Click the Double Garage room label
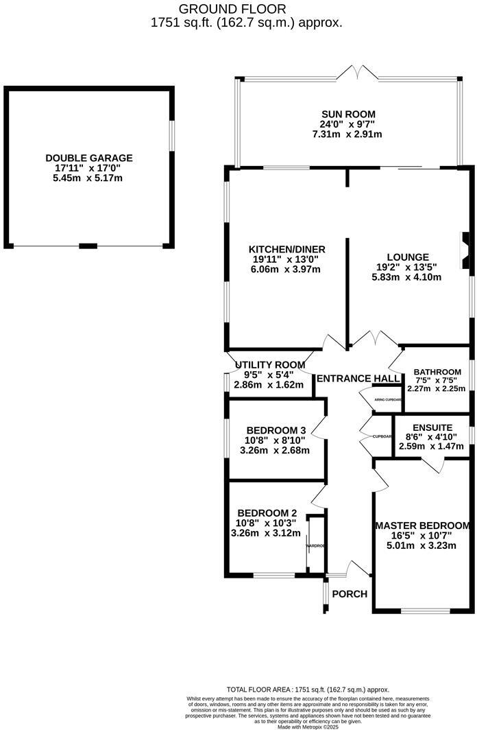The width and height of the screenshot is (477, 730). click(x=89, y=158)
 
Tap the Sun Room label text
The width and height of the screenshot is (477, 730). click(x=349, y=114)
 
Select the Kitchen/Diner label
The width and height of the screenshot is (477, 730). click(x=277, y=248)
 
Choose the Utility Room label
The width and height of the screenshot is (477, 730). click(x=269, y=364)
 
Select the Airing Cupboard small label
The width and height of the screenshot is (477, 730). click(x=387, y=399)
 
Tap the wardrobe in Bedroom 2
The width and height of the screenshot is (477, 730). click(x=315, y=545)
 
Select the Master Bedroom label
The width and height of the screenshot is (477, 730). click(x=422, y=526)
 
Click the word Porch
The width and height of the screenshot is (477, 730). click(x=350, y=593)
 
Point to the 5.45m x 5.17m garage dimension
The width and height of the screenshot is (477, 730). click(x=89, y=178)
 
